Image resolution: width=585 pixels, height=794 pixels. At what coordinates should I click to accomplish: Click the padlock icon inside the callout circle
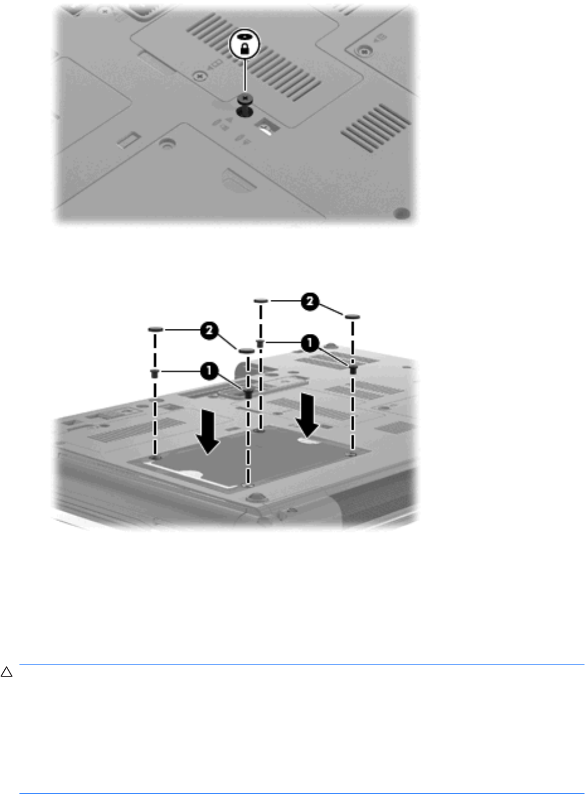[x=245, y=48]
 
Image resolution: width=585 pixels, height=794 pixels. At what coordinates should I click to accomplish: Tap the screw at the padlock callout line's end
[x=245, y=98]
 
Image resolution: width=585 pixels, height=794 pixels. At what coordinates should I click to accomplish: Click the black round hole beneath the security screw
[x=245, y=113]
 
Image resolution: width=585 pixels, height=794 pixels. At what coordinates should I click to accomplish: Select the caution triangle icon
[x=6, y=673]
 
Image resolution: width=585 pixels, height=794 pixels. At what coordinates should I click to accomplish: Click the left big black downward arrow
[x=208, y=431]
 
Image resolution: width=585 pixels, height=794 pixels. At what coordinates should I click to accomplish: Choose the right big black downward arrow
[x=307, y=415]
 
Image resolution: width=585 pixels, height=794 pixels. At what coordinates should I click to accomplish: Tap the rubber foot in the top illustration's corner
[x=402, y=213]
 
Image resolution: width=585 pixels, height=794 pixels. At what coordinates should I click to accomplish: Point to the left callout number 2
[x=209, y=330]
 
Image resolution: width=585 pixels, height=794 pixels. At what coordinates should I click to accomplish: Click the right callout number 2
[x=310, y=302]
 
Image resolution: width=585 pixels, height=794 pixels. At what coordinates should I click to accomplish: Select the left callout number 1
[x=209, y=371]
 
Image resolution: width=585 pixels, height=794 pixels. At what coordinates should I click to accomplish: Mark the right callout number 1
[x=310, y=343]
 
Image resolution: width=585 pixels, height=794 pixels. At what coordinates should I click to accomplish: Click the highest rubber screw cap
[x=261, y=301]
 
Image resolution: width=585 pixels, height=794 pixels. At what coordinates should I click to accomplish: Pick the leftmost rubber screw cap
[x=155, y=329]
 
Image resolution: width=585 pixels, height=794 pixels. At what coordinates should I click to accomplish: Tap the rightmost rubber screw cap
[x=353, y=317]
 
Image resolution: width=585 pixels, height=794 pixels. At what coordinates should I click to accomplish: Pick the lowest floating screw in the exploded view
[x=248, y=393]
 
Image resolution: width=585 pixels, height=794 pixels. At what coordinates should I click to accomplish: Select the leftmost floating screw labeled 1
[x=155, y=373]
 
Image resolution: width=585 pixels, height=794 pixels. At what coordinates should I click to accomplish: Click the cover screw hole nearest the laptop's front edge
[x=248, y=485]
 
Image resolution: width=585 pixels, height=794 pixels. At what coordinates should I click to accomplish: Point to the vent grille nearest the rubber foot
[x=376, y=128]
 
